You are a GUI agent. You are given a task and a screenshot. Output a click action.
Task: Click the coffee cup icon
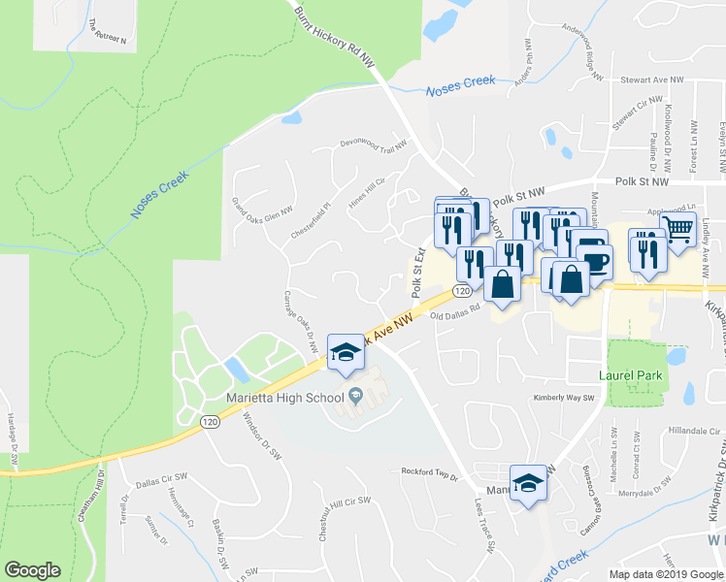point(594,262)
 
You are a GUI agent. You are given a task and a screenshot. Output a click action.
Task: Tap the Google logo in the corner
point(33,570)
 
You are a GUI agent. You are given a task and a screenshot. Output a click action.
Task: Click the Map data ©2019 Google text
point(666,574)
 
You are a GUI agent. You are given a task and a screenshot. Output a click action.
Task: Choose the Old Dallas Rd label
point(456,314)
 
